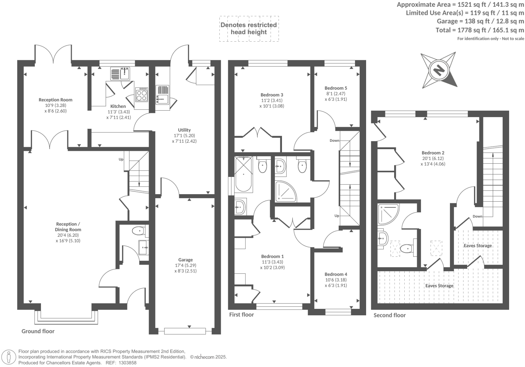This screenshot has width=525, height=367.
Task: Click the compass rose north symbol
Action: point(438,70)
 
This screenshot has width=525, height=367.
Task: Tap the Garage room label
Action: point(186,260)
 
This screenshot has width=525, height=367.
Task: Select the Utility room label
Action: point(184,130)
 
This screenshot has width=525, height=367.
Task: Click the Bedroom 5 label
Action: point(336,88)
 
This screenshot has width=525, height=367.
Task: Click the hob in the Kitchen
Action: point(141,94)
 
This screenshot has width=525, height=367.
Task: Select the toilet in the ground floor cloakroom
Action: point(138,231)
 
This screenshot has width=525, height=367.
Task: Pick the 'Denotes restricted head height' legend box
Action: point(249,28)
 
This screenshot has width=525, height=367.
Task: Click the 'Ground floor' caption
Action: point(38,331)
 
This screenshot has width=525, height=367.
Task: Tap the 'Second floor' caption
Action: point(389,315)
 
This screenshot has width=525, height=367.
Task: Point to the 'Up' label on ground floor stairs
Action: point(121,159)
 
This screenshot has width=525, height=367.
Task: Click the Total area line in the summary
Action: point(480,30)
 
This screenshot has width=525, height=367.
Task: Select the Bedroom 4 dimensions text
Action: point(336,282)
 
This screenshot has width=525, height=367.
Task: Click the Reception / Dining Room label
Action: point(68,227)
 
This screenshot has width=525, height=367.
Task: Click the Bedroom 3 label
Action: point(272,95)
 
